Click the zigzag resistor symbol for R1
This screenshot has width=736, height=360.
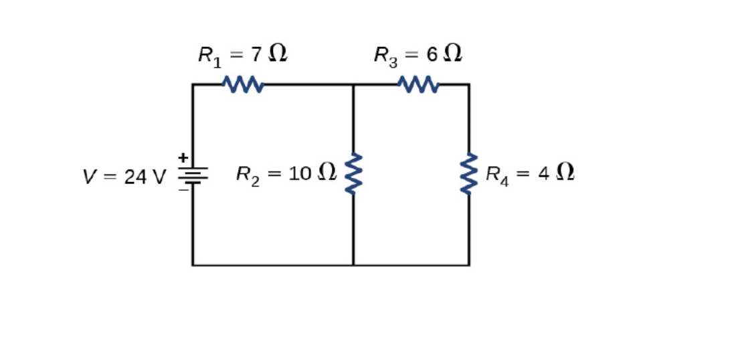coord(243,84)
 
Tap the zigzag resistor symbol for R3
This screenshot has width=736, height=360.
coord(418,84)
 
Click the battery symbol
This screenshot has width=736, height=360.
coord(193,176)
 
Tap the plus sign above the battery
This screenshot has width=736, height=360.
coord(182,158)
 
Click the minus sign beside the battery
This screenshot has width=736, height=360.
coord(182,190)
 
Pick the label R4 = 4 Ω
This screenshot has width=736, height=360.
coord(529,174)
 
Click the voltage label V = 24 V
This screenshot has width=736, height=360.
coord(124,177)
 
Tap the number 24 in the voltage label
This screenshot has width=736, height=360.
coord(136,177)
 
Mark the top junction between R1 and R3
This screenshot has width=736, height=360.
coord(353,84)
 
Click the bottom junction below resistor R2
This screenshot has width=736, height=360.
coord(353,265)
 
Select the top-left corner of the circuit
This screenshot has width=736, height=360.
coord(193,84)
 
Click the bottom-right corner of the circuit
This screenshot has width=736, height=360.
coord(468,265)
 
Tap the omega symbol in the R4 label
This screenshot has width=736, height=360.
coord(565,173)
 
